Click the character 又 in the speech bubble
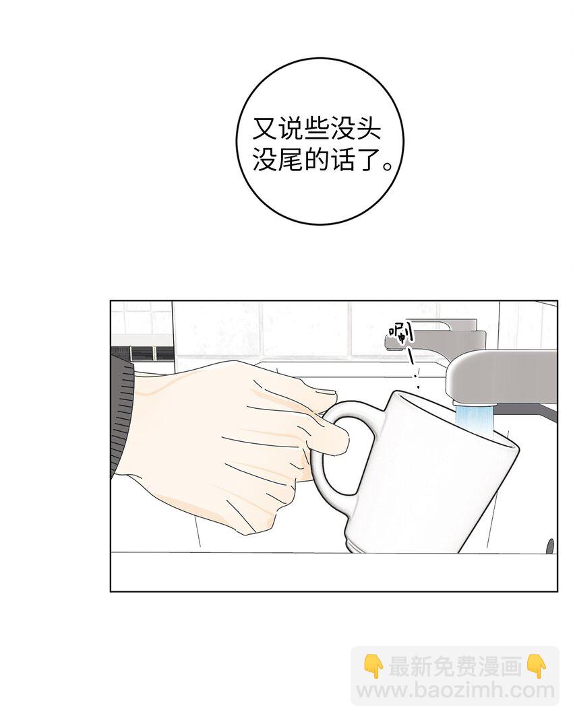(265, 129)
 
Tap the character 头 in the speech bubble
(368, 129)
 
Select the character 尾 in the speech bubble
(291, 160)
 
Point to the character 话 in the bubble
(342, 160)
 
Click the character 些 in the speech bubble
(317, 129)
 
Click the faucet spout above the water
(501, 374)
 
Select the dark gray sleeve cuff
(122, 409)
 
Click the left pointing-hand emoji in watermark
(373, 667)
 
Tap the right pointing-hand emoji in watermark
(535, 667)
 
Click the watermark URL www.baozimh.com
(456, 690)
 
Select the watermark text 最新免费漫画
(454, 667)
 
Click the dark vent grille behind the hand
(142, 353)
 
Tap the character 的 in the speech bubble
(317, 160)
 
